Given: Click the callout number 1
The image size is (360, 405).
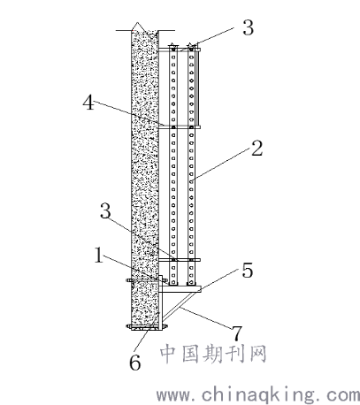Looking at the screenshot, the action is pyautogui.click(x=99, y=256).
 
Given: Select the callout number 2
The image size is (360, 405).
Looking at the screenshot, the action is pyautogui.click(x=257, y=149).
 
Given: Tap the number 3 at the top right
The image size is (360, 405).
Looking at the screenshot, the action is pyautogui.click(x=248, y=27).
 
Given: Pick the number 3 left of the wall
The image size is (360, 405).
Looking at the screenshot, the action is pyautogui.click(x=105, y=211).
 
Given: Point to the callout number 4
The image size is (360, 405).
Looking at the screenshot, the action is pyautogui.click(x=88, y=103).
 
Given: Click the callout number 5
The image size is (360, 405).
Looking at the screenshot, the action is pyautogui.click(x=248, y=270).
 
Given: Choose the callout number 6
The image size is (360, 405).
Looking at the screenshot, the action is pyautogui.click(x=135, y=363).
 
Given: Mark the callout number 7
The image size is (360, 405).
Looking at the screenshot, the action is pyautogui.click(x=236, y=333).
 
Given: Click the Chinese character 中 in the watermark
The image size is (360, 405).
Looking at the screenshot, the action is pyautogui.click(x=169, y=354).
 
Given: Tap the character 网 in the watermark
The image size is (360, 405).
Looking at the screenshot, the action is pyautogui.click(x=258, y=354).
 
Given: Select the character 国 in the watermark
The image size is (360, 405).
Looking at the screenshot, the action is pyautogui.click(x=191, y=354).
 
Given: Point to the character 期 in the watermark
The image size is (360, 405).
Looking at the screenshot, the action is pyautogui.click(x=213, y=354).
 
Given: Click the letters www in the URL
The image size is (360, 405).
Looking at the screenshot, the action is pyautogui.click(x=172, y=394).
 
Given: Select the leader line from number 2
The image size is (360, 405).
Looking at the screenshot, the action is pyautogui.click(x=221, y=164).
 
